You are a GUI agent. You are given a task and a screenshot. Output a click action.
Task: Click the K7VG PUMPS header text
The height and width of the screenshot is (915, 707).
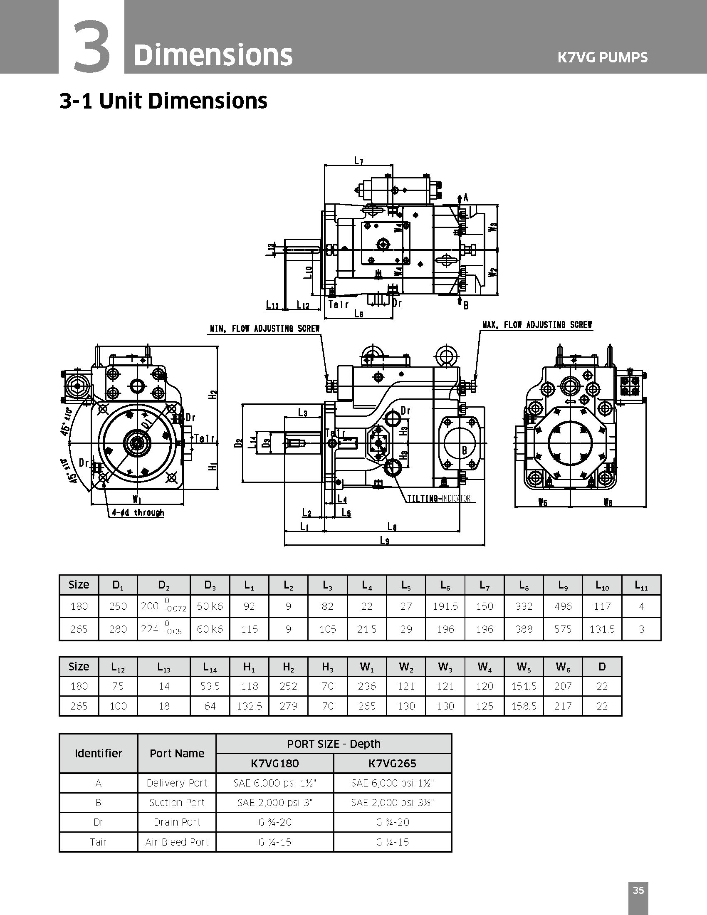[602, 57]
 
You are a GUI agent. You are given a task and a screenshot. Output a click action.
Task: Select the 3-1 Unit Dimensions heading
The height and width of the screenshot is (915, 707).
[163, 101]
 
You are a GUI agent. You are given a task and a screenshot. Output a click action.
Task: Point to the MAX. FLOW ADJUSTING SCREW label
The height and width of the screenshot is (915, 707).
[537, 325]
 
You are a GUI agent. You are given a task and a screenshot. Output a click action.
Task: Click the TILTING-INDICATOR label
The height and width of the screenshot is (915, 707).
[439, 499]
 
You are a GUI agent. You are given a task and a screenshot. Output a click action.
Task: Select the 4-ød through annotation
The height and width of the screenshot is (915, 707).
[138, 513]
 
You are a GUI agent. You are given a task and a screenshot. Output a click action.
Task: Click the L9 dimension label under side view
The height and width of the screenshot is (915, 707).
[385, 540]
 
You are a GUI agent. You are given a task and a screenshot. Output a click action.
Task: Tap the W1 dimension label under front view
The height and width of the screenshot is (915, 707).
[136, 499]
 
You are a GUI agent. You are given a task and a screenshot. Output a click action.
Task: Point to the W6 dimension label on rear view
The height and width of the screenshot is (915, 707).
[608, 502]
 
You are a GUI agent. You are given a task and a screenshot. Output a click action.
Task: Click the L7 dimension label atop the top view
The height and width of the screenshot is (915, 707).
[358, 161]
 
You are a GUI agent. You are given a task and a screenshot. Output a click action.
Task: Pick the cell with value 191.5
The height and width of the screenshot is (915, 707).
[445, 606]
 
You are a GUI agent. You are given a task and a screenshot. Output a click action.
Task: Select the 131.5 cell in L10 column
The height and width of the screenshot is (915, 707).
[602, 629]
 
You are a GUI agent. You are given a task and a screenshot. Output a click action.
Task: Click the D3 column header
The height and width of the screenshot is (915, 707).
[210, 585]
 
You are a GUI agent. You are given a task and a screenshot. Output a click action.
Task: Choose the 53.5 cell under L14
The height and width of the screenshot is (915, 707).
[210, 686]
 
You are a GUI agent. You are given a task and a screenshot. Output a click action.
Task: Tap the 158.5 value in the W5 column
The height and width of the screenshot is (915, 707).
[524, 706]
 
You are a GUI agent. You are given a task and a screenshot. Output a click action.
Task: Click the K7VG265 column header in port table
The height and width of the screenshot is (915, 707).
[392, 763]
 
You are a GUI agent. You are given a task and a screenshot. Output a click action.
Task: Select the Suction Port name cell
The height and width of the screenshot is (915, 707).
[177, 802]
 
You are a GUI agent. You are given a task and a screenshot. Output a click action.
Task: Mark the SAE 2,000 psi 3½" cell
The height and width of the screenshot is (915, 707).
[392, 802]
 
